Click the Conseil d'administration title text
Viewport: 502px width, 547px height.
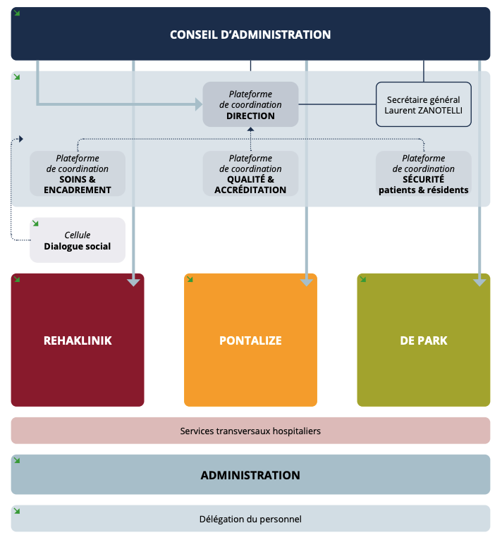tap(250, 35)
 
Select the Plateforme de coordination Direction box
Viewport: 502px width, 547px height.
tap(250, 104)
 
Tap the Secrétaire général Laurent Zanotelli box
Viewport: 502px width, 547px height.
tap(424, 104)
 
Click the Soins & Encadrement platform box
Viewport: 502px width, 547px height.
tap(78, 173)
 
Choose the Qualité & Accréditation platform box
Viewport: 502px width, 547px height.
tap(250, 173)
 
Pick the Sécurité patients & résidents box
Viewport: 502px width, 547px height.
tap(424, 173)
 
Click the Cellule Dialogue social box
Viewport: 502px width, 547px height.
tap(78, 240)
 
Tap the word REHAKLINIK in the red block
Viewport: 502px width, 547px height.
tap(78, 340)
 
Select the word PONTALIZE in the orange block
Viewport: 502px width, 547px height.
tap(250, 340)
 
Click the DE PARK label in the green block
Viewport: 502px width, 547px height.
tap(424, 340)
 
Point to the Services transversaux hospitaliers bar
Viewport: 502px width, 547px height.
tap(250, 430)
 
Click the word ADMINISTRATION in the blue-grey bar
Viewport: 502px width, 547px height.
tap(250, 475)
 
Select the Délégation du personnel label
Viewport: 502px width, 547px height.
tap(250, 519)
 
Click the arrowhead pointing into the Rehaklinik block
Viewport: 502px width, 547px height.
tap(133, 281)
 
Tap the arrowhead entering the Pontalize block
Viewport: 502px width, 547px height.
tap(306, 281)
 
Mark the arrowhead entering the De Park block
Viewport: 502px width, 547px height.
tap(479, 281)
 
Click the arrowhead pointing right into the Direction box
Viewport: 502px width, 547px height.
tap(198, 104)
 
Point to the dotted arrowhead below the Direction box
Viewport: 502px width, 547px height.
tap(250, 130)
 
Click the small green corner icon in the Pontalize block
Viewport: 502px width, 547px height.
tap(190, 279)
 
